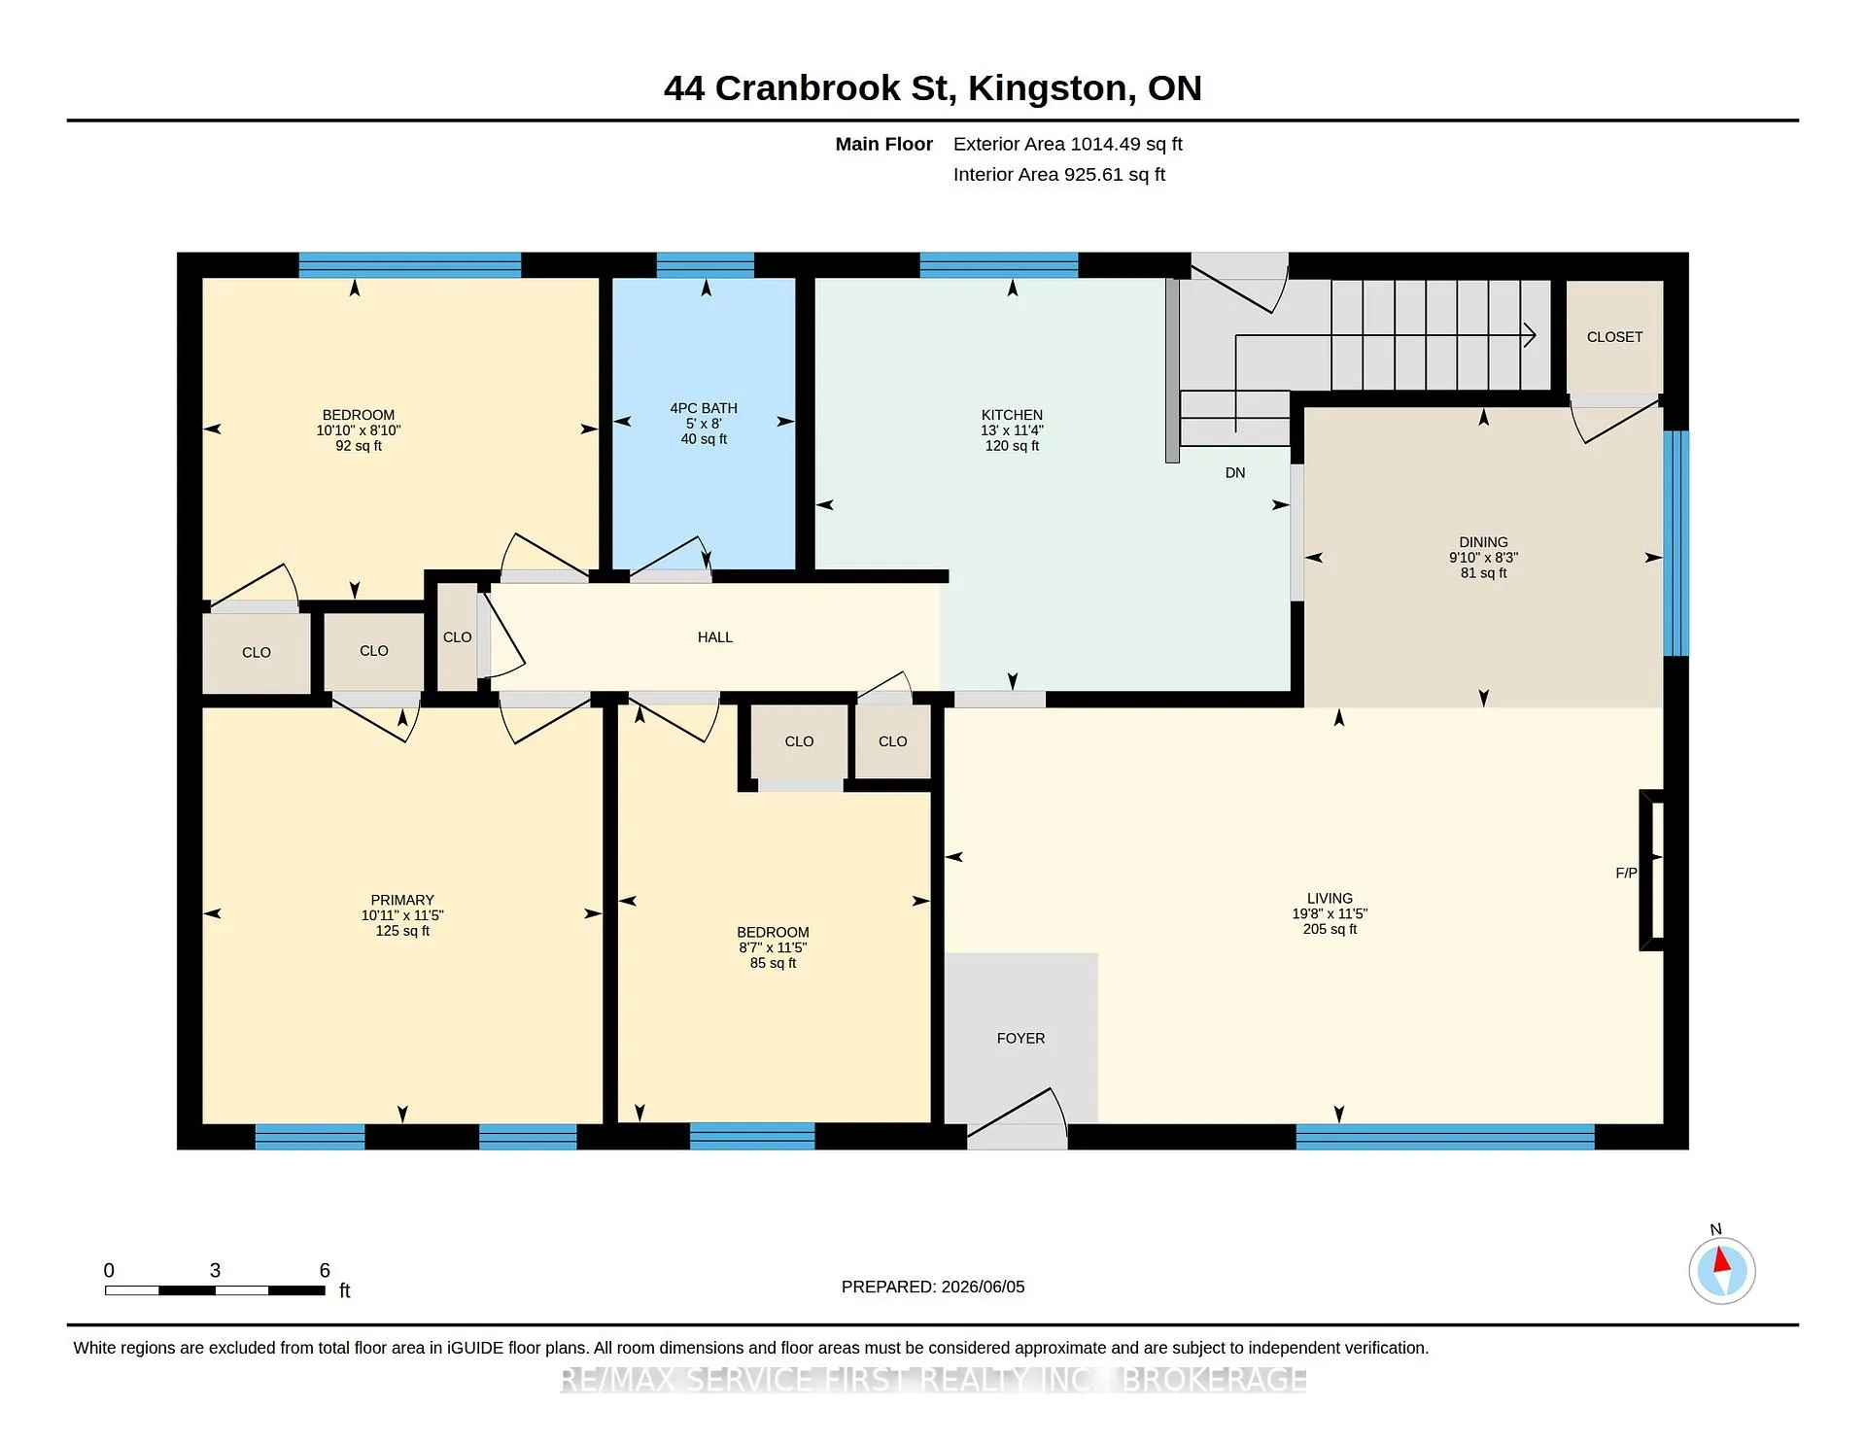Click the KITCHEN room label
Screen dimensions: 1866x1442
(x=1012, y=415)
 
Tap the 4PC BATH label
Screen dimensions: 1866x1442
(x=704, y=408)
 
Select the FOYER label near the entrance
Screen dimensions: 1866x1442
(x=1020, y=1039)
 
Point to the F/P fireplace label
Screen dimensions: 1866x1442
(x=1626, y=873)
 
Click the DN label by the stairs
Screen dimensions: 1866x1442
(x=1235, y=473)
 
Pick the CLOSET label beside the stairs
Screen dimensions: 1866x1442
(x=1614, y=337)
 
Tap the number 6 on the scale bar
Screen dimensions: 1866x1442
(x=325, y=1270)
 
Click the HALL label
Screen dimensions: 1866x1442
(x=714, y=637)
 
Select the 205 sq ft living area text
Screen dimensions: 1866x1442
(x=1330, y=929)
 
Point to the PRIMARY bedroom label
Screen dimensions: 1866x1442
(x=402, y=900)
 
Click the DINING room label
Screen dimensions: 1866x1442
(x=1483, y=542)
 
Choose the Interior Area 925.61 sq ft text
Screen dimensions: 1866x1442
(x=1058, y=175)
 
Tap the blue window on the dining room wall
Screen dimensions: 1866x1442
(x=1676, y=543)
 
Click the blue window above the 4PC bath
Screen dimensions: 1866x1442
(x=706, y=265)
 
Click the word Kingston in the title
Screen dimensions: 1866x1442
(x=1051, y=88)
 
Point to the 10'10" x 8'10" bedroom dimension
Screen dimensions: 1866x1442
(x=359, y=430)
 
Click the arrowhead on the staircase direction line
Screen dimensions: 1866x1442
(x=1530, y=335)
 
